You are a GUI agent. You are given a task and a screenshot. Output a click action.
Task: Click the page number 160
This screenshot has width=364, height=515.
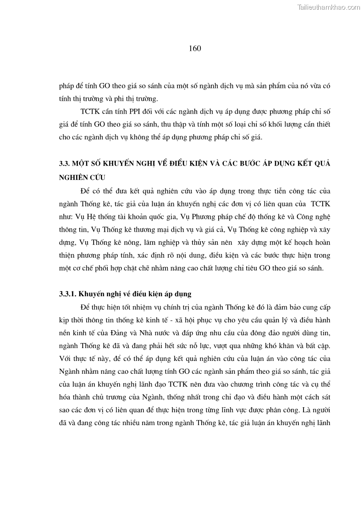195,48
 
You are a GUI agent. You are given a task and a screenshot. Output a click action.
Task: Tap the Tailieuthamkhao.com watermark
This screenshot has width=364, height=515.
329,7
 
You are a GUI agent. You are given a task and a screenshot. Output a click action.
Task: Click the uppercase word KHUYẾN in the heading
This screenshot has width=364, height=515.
127,164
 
